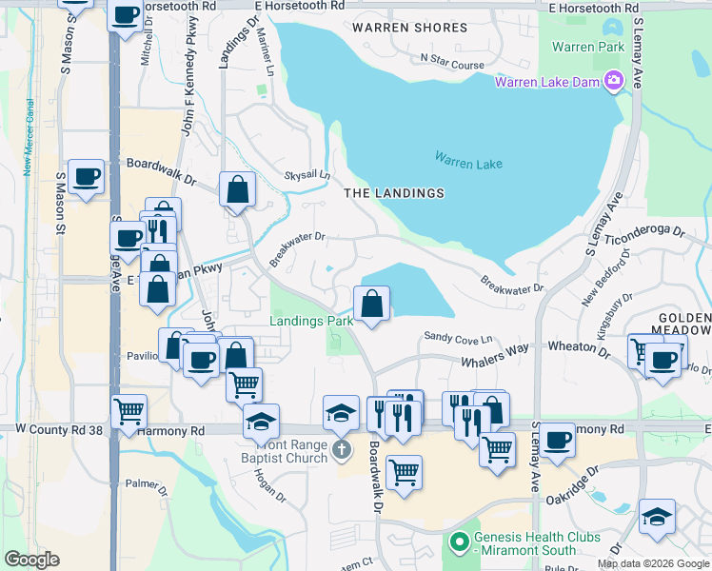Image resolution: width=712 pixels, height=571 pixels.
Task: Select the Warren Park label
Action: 586,46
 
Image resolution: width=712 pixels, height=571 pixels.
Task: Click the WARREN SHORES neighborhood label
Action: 409,28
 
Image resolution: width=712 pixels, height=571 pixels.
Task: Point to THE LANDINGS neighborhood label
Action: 394,193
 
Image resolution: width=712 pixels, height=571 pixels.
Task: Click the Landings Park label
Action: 311,321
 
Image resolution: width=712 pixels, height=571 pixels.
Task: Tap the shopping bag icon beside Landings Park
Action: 371,305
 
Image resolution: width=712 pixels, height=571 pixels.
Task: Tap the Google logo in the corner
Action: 31,560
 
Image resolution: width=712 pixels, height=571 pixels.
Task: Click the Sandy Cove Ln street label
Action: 458,338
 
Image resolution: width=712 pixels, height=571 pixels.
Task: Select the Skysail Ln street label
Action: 307,175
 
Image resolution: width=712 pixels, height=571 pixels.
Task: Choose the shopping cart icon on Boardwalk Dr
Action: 405,471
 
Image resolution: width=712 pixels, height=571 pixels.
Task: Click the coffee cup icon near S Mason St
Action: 87,176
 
